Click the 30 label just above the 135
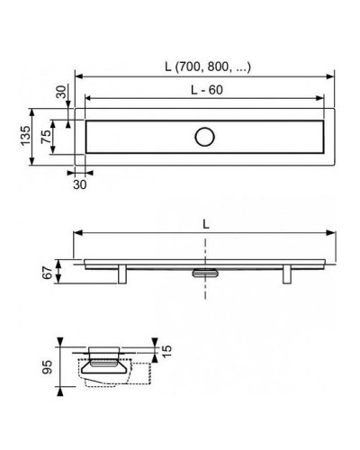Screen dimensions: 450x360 coord(58,93)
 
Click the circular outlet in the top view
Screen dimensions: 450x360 coord(203,137)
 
